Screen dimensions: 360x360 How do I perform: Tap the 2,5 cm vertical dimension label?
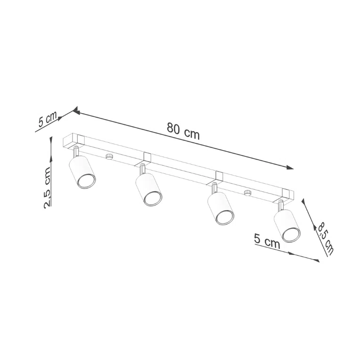pos(48,187)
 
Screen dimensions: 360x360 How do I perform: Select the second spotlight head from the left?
pos(149,189)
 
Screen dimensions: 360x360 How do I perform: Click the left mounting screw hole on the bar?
pos(109,156)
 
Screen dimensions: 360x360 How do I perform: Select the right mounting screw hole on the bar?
pos(247,193)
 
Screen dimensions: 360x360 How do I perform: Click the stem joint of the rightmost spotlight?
pos(281,205)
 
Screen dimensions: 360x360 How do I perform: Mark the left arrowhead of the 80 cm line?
pos(75,112)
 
